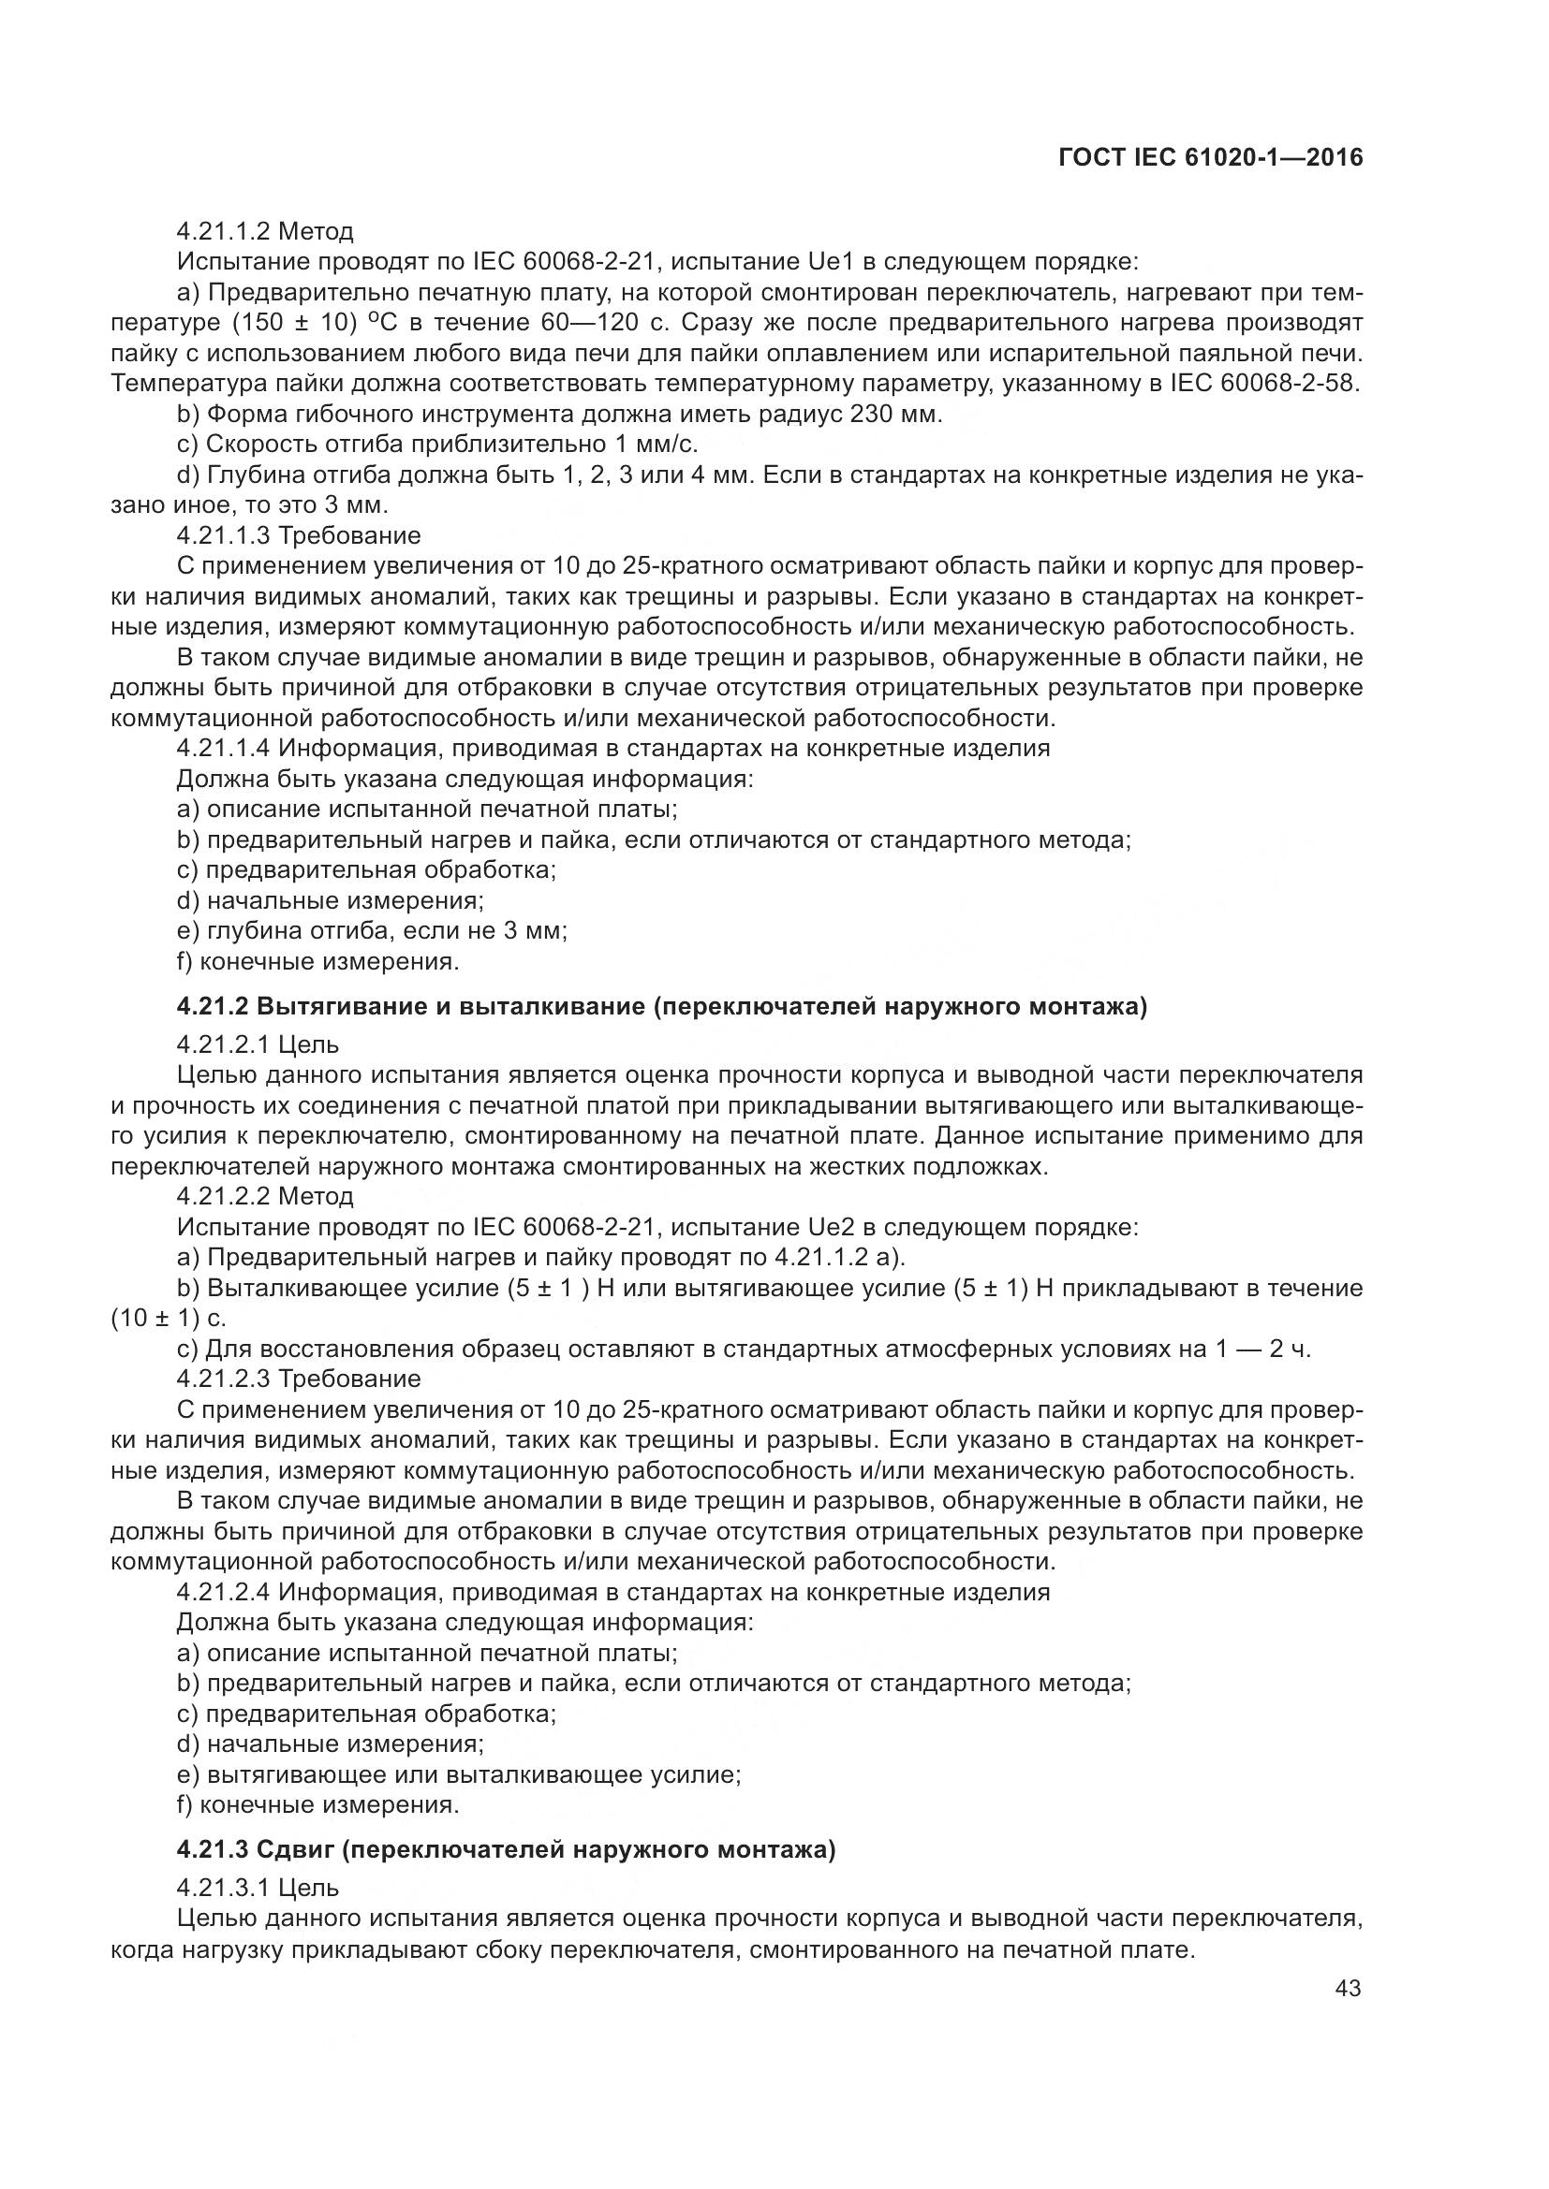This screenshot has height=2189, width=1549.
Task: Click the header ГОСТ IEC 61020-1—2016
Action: tap(1210, 157)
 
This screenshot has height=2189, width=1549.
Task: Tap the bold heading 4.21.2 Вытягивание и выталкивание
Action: tap(661, 1007)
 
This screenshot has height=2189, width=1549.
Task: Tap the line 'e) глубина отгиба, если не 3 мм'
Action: tap(372, 930)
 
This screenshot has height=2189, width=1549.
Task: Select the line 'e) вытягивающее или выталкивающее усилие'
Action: tap(459, 1775)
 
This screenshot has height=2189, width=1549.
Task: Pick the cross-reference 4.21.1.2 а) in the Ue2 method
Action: tap(838, 1258)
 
